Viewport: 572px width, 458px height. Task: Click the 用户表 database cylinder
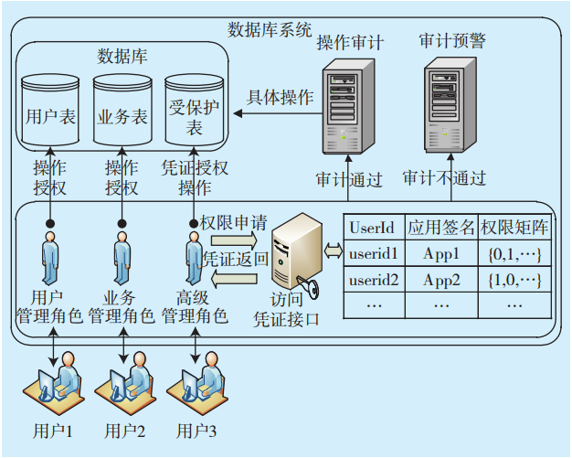[x=49, y=115]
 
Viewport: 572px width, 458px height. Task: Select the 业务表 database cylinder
[x=122, y=115]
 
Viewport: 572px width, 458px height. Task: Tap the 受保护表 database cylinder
[x=194, y=115]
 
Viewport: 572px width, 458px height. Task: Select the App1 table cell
[x=441, y=251]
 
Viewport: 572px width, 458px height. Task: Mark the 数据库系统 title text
[x=270, y=27]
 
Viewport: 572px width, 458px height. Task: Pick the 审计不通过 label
[x=444, y=177]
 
